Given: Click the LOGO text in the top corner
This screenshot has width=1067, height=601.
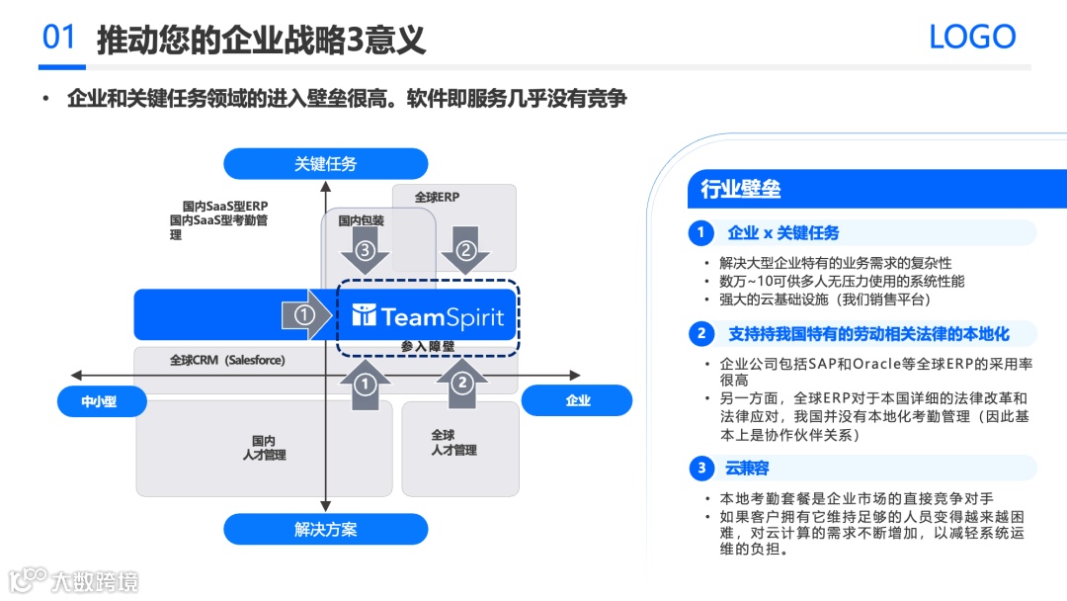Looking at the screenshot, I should [x=972, y=38].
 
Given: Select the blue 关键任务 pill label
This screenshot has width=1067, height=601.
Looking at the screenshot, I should [x=325, y=164].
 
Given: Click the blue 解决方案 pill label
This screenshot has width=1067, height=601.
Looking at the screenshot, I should [x=325, y=530].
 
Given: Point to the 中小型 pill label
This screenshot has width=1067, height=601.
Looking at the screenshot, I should [x=100, y=400].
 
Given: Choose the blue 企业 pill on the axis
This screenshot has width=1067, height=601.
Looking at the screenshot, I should [x=578, y=400].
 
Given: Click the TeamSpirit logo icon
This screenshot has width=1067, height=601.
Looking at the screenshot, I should [x=365, y=316].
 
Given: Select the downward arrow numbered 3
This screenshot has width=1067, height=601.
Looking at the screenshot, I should [x=365, y=251].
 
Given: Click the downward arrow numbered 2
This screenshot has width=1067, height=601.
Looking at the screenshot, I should [x=465, y=251].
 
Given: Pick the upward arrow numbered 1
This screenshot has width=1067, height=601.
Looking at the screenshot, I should [x=366, y=383].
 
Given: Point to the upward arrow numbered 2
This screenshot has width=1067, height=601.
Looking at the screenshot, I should [x=462, y=383].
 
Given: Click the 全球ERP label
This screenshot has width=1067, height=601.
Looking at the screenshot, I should [x=437, y=198].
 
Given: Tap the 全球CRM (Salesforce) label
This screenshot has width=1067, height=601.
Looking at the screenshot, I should [x=227, y=361].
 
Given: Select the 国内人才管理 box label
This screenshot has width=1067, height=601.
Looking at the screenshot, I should [x=264, y=448].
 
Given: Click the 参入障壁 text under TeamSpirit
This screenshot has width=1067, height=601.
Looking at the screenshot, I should [x=428, y=346].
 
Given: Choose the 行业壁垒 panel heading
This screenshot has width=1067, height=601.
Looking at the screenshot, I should [x=741, y=189].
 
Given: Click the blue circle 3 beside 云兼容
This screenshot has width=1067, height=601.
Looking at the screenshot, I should [x=701, y=469].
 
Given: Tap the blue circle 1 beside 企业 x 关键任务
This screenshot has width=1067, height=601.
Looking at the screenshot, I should [x=701, y=233].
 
